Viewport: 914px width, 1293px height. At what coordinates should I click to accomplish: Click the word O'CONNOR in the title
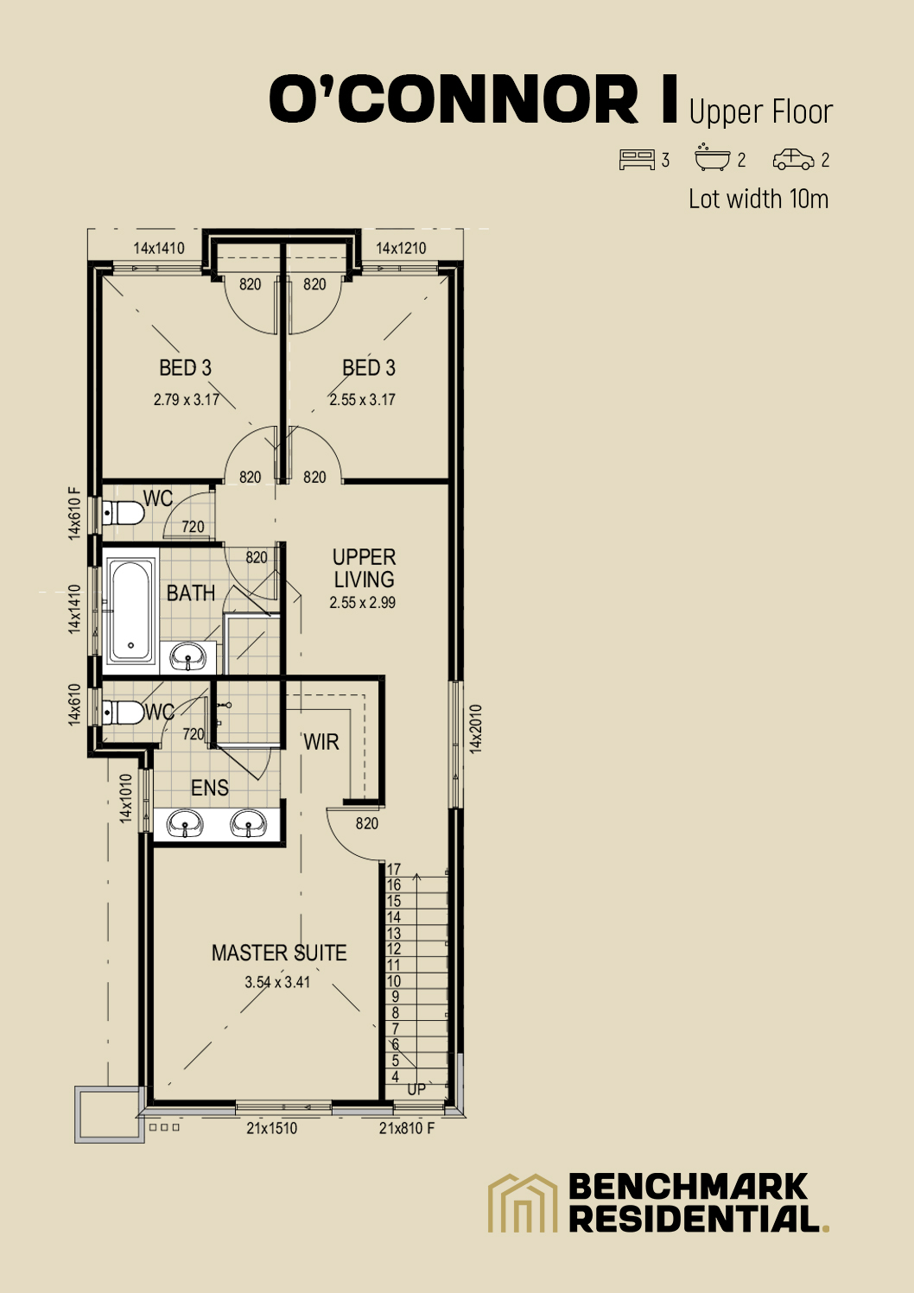(454, 99)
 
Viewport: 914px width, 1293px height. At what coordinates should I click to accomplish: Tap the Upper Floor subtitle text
(760, 112)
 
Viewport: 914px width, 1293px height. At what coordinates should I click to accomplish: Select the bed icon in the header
(637, 160)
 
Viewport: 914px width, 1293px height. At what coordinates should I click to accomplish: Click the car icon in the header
(793, 160)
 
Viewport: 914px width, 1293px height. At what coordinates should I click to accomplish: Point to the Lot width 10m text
(758, 200)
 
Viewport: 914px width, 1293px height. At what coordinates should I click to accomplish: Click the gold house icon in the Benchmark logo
(523, 1202)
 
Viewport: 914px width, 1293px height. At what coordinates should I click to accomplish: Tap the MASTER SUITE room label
(279, 953)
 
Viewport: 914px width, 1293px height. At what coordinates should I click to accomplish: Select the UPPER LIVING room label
(364, 568)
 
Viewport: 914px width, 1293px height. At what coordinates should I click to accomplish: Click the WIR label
(321, 742)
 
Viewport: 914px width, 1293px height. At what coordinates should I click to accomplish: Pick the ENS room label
(210, 788)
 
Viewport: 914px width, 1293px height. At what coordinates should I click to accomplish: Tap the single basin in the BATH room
(188, 657)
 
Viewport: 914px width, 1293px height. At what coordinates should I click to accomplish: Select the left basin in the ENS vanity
(185, 824)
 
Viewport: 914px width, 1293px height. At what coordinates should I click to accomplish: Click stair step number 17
(394, 870)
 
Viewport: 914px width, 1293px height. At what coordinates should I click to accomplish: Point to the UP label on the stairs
(416, 1090)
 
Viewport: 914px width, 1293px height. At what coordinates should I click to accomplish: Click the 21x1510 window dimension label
(271, 1128)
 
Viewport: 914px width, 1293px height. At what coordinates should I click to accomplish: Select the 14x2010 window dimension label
(476, 729)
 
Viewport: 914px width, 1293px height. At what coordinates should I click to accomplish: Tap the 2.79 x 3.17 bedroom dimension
(187, 400)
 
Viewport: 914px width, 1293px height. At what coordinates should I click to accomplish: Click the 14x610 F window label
(75, 513)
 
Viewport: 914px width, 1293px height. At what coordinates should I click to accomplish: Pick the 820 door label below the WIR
(367, 823)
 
